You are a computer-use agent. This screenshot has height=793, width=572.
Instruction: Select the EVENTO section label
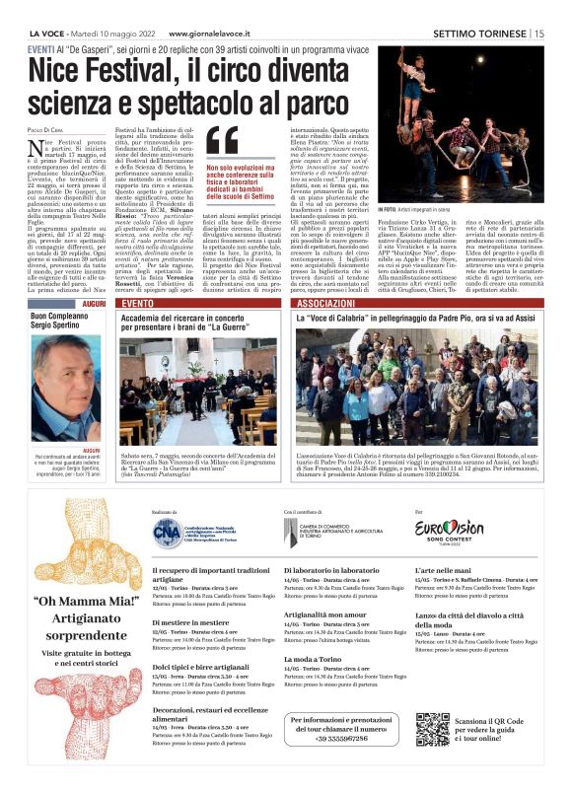click(137, 305)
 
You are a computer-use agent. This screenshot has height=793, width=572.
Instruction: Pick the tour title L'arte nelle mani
click(446, 571)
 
